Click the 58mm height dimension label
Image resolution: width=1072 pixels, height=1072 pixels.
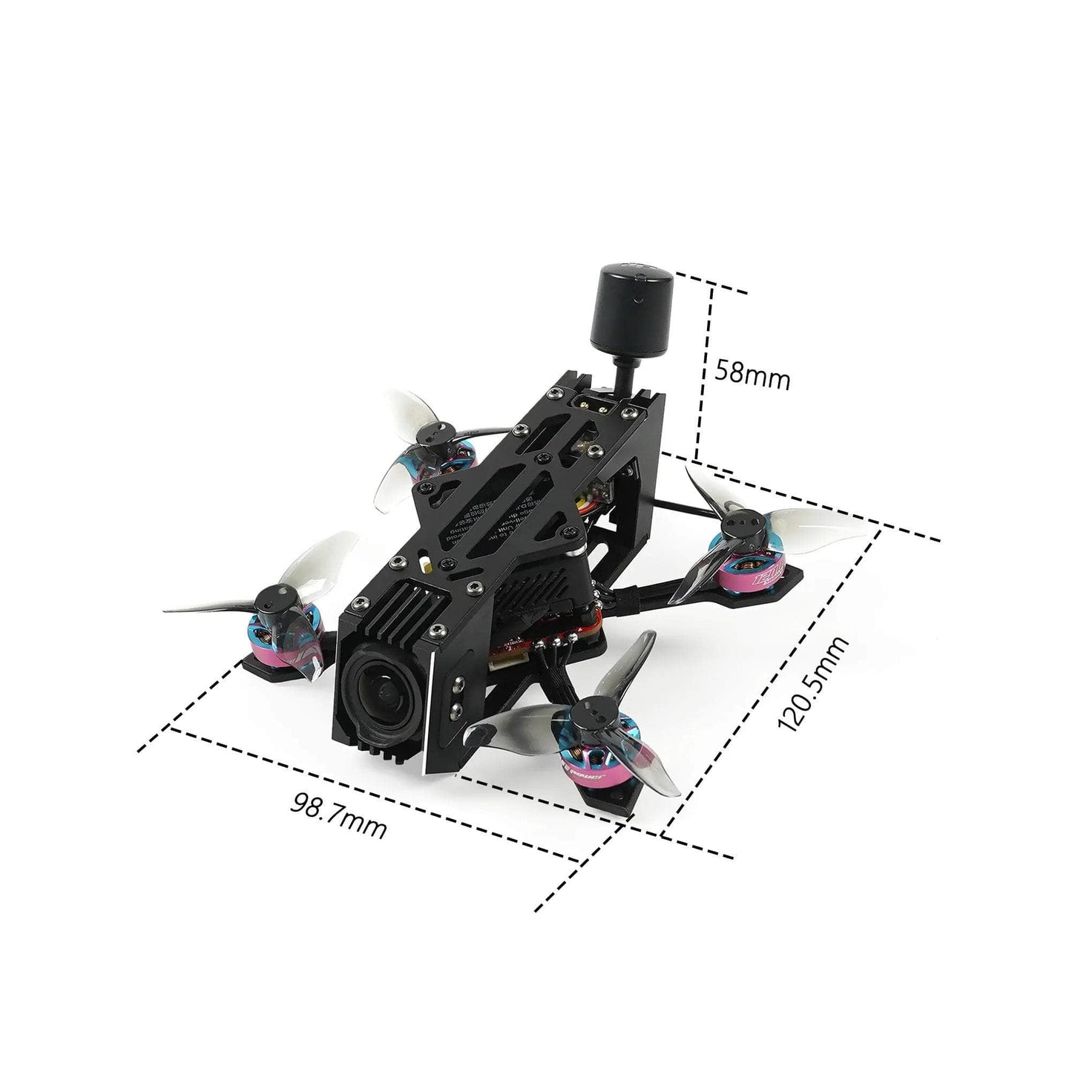(x=752, y=377)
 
